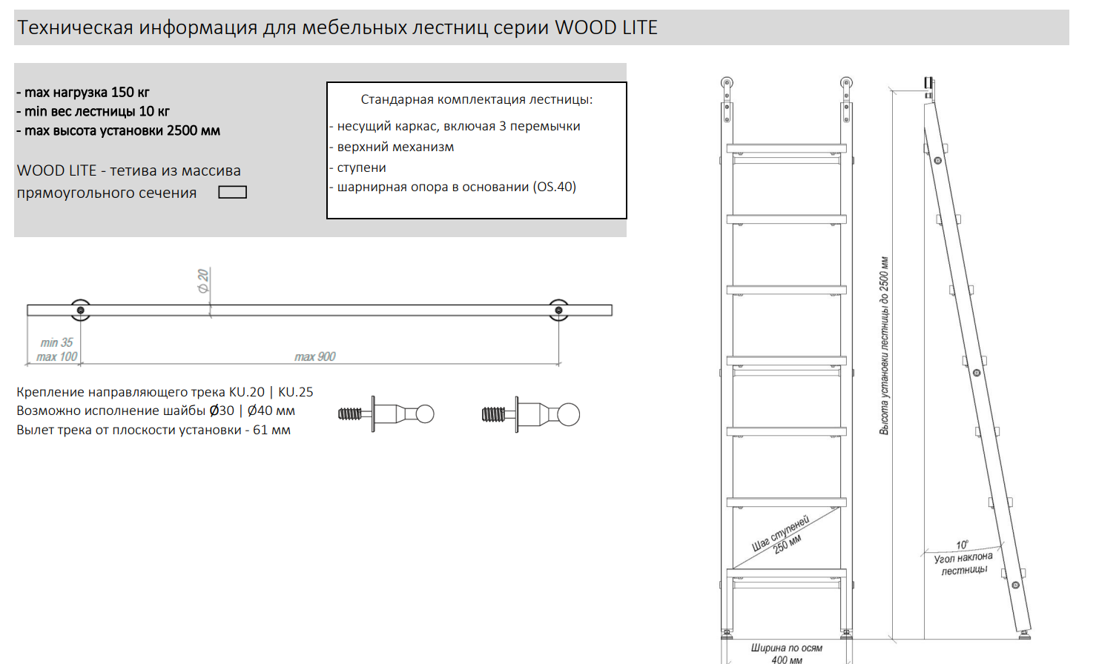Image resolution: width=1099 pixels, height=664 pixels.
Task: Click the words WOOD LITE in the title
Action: coord(606,27)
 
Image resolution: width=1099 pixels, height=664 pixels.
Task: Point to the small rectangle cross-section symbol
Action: coord(232,193)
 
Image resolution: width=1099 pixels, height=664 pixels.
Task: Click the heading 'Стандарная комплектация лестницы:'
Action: coord(477,99)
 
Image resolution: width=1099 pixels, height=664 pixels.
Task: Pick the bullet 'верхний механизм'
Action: coord(395,147)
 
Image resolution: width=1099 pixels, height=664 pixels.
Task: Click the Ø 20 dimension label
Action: coord(203,280)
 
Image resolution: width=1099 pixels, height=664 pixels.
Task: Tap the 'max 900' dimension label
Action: coord(315,357)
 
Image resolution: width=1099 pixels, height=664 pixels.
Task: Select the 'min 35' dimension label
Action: coord(57,342)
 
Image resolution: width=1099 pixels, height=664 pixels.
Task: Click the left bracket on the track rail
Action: coord(80,310)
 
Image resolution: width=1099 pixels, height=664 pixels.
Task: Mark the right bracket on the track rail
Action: coord(558,310)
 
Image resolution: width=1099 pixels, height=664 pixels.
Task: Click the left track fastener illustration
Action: coord(386,414)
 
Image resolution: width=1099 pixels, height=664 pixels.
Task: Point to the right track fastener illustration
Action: coord(531,414)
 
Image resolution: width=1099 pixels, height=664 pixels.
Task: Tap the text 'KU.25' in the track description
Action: coord(296,392)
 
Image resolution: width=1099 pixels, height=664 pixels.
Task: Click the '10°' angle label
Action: coord(962,545)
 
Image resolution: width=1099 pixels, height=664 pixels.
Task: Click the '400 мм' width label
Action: coord(787,660)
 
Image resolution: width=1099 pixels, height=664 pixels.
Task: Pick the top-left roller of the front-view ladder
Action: coord(727,84)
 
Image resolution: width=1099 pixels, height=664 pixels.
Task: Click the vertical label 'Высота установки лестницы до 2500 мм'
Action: coord(884,345)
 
